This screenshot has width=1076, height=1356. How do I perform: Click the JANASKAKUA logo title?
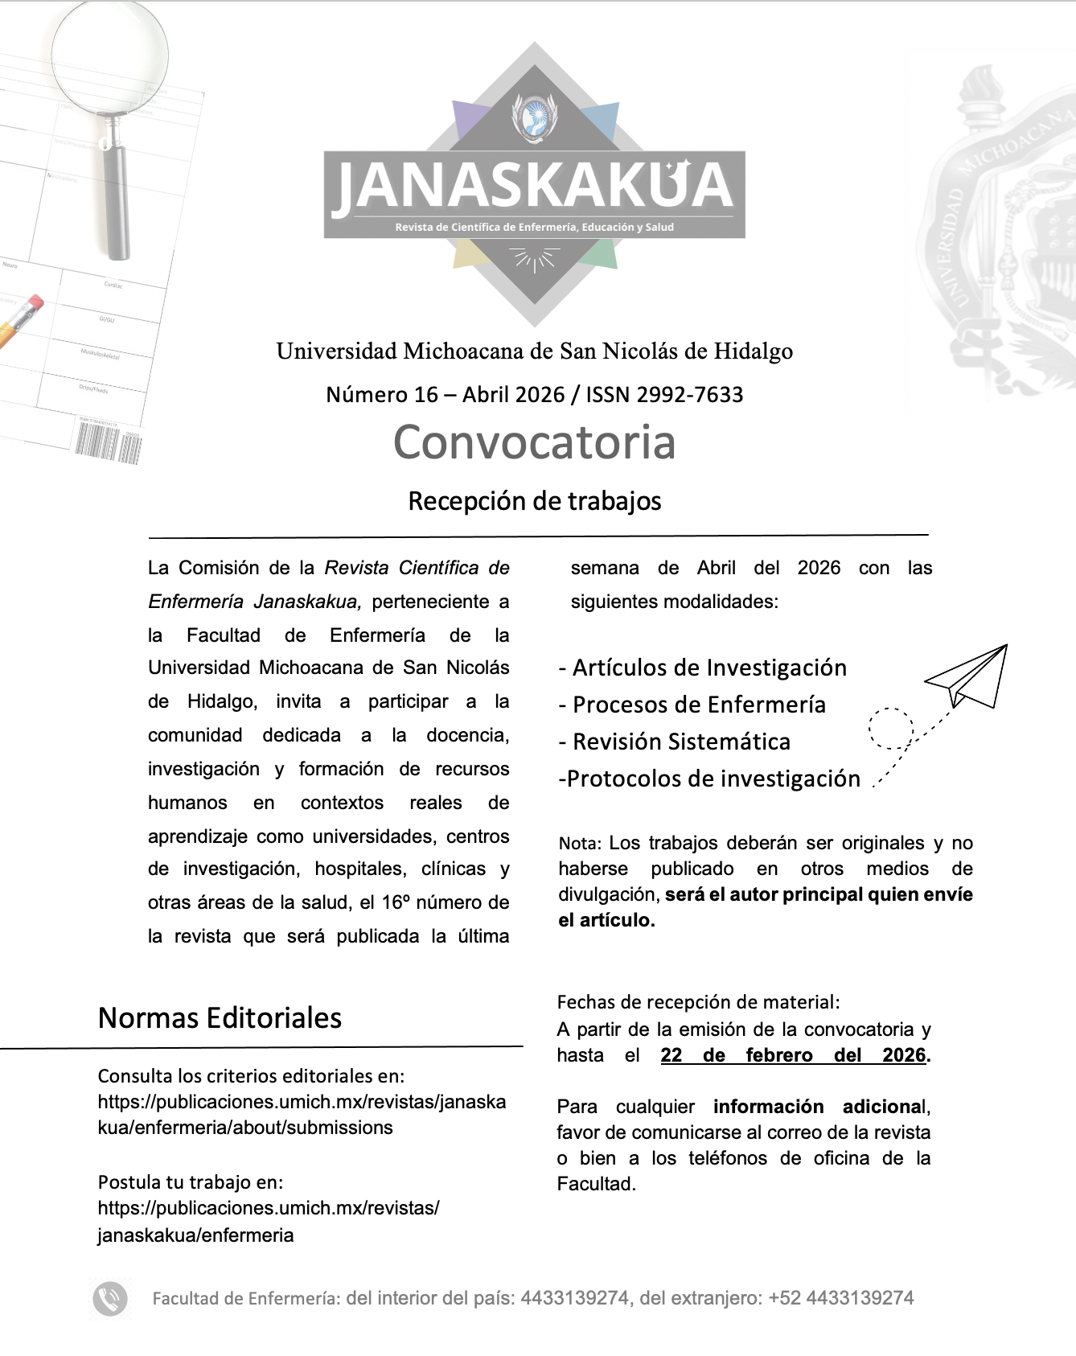tap(534, 186)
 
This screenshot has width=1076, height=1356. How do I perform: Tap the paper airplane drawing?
tap(970, 677)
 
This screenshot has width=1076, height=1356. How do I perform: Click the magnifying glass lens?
tap(110, 55)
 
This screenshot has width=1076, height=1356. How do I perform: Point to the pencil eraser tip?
tap(35, 303)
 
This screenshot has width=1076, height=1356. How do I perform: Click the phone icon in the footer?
tap(110, 1298)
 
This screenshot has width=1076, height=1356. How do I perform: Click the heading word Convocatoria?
tap(534, 442)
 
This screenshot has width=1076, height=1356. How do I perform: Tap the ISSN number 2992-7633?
tap(689, 395)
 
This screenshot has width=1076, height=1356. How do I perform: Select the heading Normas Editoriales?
tap(220, 1018)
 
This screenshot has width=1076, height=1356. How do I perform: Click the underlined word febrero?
tap(778, 1055)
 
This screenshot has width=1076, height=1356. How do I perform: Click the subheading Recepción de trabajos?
tap(534, 501)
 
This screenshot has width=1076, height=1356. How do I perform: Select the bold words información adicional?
tap(819, 1107)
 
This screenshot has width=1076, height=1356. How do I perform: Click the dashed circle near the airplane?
tap(891, 729)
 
